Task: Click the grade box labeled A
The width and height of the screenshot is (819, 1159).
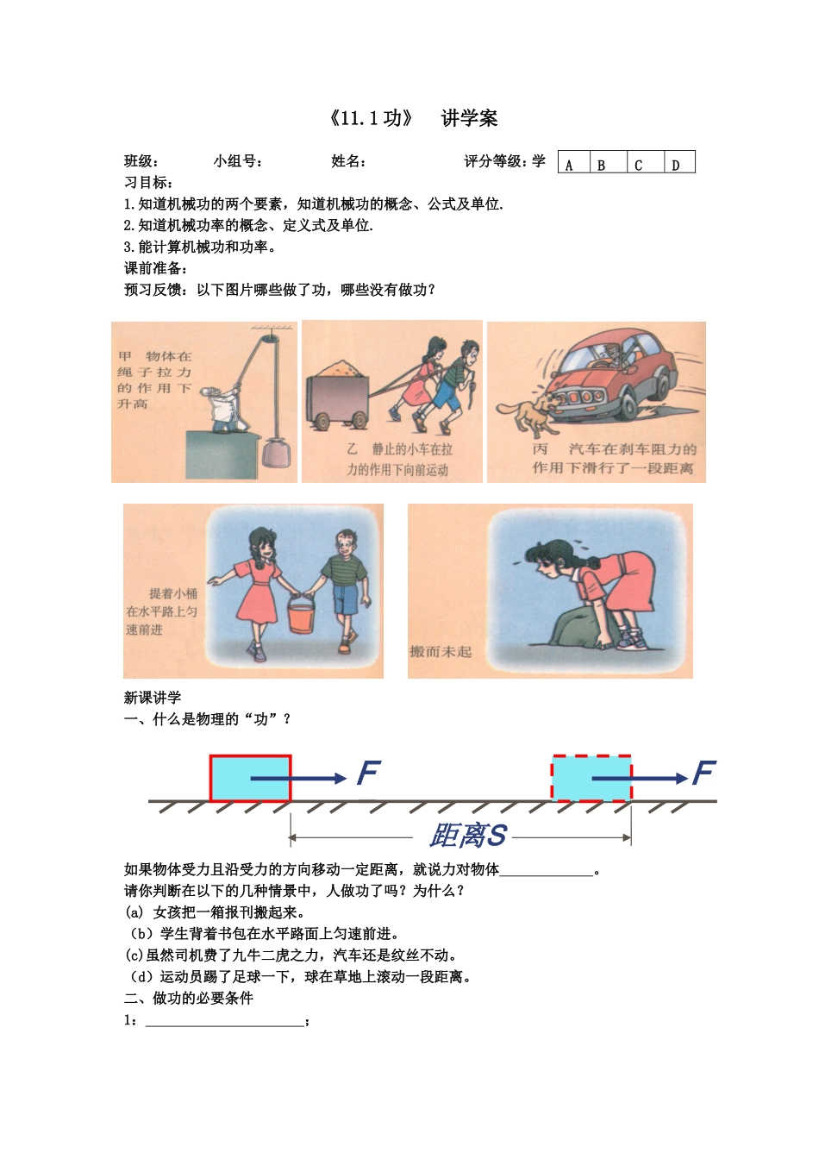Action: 574,163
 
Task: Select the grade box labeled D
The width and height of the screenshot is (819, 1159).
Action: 679,163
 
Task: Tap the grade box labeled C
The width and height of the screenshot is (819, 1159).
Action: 645,163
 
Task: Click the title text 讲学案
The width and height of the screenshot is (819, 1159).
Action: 469,119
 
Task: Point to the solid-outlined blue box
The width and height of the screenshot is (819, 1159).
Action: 250,778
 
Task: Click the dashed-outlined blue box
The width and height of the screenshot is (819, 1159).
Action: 591,778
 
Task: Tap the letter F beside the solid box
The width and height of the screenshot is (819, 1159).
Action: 368,773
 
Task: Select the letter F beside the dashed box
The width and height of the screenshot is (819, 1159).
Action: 703,773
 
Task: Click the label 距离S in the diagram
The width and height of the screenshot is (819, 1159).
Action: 467,836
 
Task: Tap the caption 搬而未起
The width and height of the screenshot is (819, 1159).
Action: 441,652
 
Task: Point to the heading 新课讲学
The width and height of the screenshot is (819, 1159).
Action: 153,698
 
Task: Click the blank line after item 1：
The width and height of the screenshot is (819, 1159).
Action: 224,1021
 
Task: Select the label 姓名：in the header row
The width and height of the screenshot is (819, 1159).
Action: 349,161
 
